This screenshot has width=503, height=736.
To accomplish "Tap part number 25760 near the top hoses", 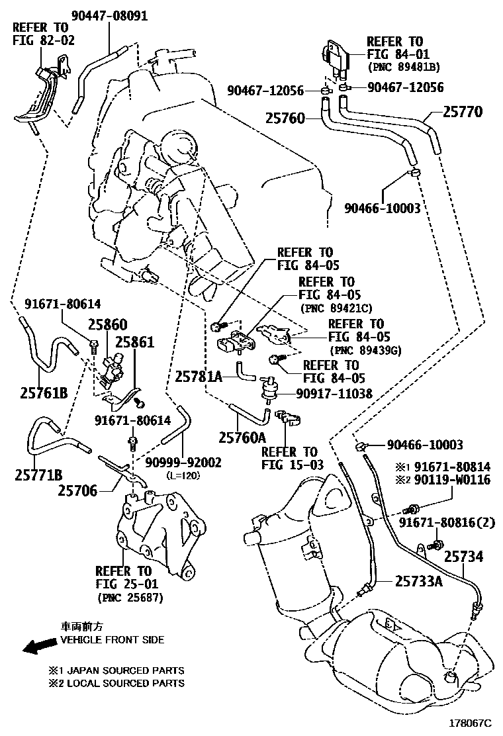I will (x=285, y=119).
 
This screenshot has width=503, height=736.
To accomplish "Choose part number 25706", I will (x=77, y=490).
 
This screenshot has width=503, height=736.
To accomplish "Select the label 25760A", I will (x=242, y=437).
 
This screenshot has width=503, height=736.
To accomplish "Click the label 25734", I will (x=463, y=557).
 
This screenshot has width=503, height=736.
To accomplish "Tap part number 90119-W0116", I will (x=453, y=479).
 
